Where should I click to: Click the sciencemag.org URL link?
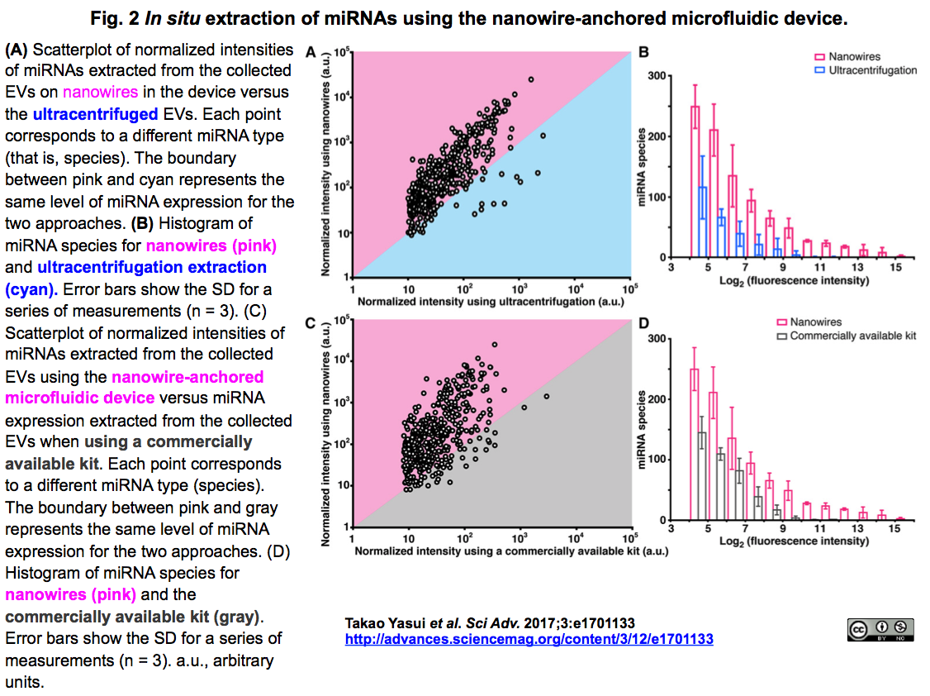pyautogui.click(x=529, y=639)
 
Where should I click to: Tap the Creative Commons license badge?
pyautogui.click(x=880, y=631)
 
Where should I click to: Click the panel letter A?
pyautogui.click(x=311, y=53)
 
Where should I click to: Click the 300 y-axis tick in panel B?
pyautogui.click(x=657, y=76)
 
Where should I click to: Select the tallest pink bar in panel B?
pyautogui.click(x=695, y=181)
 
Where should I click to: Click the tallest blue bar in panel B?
pyautogui.click(x=703, y=222)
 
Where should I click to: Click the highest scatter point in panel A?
pyautogui.click(x=530, y=79)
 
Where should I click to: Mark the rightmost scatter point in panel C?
pyautogui.click(x=546, y=396)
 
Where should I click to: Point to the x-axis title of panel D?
pyautogui.click(x=794, y=541)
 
